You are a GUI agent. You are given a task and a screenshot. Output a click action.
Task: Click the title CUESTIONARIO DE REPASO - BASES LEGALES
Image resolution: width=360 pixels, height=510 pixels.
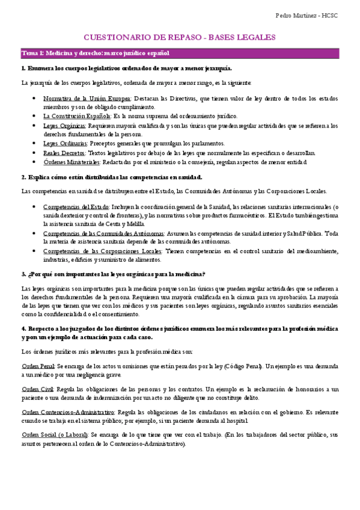(x=179, y=37)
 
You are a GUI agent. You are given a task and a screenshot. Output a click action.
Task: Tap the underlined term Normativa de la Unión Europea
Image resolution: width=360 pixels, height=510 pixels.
(x=87, y=97)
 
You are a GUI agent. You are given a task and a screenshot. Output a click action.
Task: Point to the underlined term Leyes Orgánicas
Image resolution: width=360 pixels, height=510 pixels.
(x=64, y=126)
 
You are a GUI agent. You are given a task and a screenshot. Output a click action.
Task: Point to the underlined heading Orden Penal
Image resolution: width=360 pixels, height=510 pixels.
(x=38, y=366)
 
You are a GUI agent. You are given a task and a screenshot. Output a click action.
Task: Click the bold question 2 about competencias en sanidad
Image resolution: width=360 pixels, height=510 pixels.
(x=111, y=177)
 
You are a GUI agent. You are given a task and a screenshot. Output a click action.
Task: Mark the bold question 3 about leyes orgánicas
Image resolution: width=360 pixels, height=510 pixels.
(x=113, y=274)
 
